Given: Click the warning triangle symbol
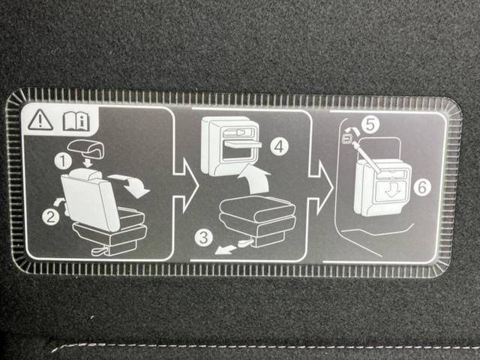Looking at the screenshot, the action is coord(40,120).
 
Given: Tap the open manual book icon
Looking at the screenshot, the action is coord(76,121).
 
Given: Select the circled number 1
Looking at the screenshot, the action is coord(63,161).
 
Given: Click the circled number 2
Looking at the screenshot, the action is coord(50,217).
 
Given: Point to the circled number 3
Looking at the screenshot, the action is coord(203,237).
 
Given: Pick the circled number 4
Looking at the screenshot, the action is coord(279,147).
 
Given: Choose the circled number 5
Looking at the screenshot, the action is coord(370,124).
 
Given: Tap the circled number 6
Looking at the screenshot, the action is coord(422,187).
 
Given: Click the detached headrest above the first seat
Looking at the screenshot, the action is coord(87,148).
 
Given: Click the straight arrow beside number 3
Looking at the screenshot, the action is coord(226,250).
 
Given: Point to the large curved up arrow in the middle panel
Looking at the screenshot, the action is coord(255,179).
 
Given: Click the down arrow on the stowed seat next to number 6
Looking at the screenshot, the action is coord(393,192).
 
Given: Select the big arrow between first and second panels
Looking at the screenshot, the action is coord(185,185).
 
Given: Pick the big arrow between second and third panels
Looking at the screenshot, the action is coord(321,187).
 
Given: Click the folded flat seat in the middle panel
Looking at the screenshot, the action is coord(258,220).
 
